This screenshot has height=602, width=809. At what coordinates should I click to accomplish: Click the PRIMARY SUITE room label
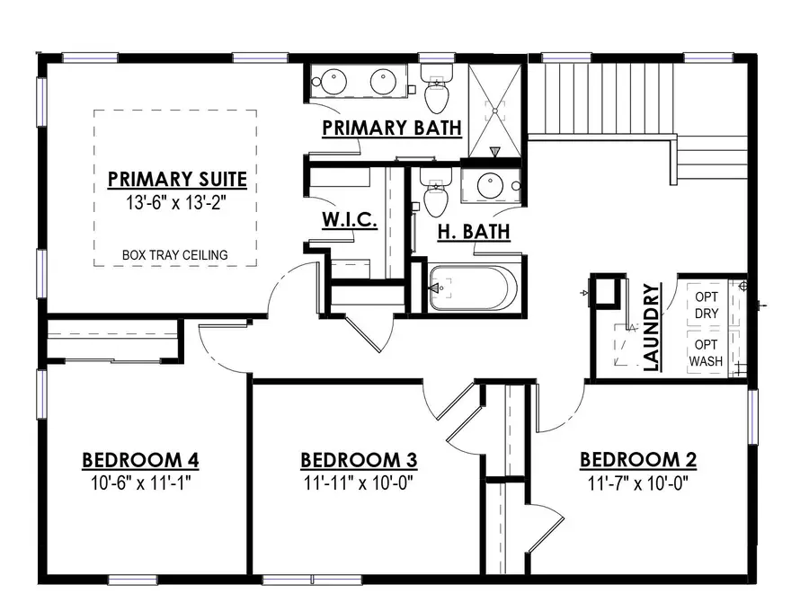tap(177, 179)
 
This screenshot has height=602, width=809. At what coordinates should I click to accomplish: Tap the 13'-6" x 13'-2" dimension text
tap(176, 202)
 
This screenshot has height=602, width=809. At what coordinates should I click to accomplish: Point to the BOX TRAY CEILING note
tap(175, 255)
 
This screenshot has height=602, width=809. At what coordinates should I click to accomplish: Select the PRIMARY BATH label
tap(392, 128)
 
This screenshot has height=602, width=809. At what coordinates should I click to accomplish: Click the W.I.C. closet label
tap(350, 219)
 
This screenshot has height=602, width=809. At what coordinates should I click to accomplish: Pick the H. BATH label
tap(474, 232)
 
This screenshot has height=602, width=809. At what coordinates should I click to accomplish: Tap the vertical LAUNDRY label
tap(653, 327)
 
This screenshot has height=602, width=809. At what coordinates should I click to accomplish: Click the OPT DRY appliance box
tap(707, 305)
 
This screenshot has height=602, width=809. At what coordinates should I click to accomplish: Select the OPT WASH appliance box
tap(707, 353)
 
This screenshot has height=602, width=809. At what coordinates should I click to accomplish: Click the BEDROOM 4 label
tap(140, 460)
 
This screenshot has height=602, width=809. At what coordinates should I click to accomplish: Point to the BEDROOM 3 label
tap(359, 460)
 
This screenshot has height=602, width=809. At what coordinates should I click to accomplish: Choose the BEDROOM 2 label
tap(638, 459)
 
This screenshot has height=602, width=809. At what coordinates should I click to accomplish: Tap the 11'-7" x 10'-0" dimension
tap(638, 483)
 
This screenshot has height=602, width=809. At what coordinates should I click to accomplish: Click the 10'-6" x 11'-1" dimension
tap(141, 483)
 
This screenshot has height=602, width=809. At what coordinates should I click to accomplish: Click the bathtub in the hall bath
tap(473, 288)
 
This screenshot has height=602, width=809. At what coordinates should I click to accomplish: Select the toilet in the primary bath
tap(437, 88)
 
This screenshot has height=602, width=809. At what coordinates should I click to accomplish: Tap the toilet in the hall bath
tap(436, 192)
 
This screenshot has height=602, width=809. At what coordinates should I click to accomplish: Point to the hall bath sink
tap(490, 186)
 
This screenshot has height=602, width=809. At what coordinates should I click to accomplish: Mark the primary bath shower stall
tap(495, 111)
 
